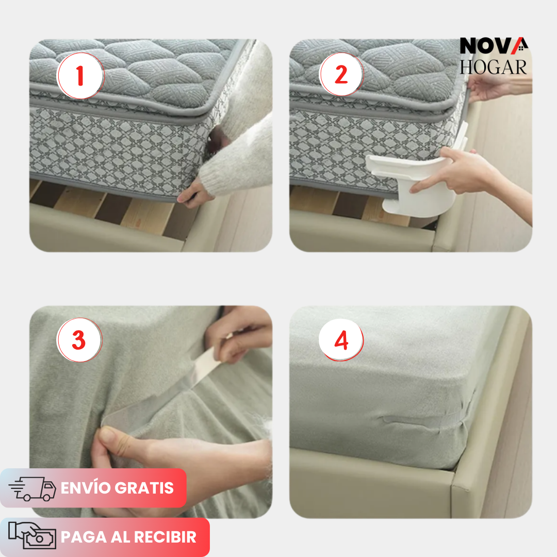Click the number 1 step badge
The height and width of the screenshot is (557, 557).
tap(80, 76)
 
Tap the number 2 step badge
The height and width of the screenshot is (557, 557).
tap(341, 74)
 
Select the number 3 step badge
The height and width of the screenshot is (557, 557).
tap(79, 340)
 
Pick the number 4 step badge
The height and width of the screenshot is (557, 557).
tap(341, 340)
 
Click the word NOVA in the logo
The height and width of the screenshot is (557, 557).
tap(494, 46)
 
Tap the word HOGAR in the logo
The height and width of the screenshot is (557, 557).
tap(494, 67)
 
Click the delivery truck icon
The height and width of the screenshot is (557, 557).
tap(32, 488)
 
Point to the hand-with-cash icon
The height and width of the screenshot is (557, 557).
tap(32, 535)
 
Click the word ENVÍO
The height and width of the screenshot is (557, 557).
tap(85, 488)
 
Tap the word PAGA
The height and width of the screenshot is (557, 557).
tap(84, 537)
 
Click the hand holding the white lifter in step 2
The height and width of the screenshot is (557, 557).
tap(458, 171)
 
